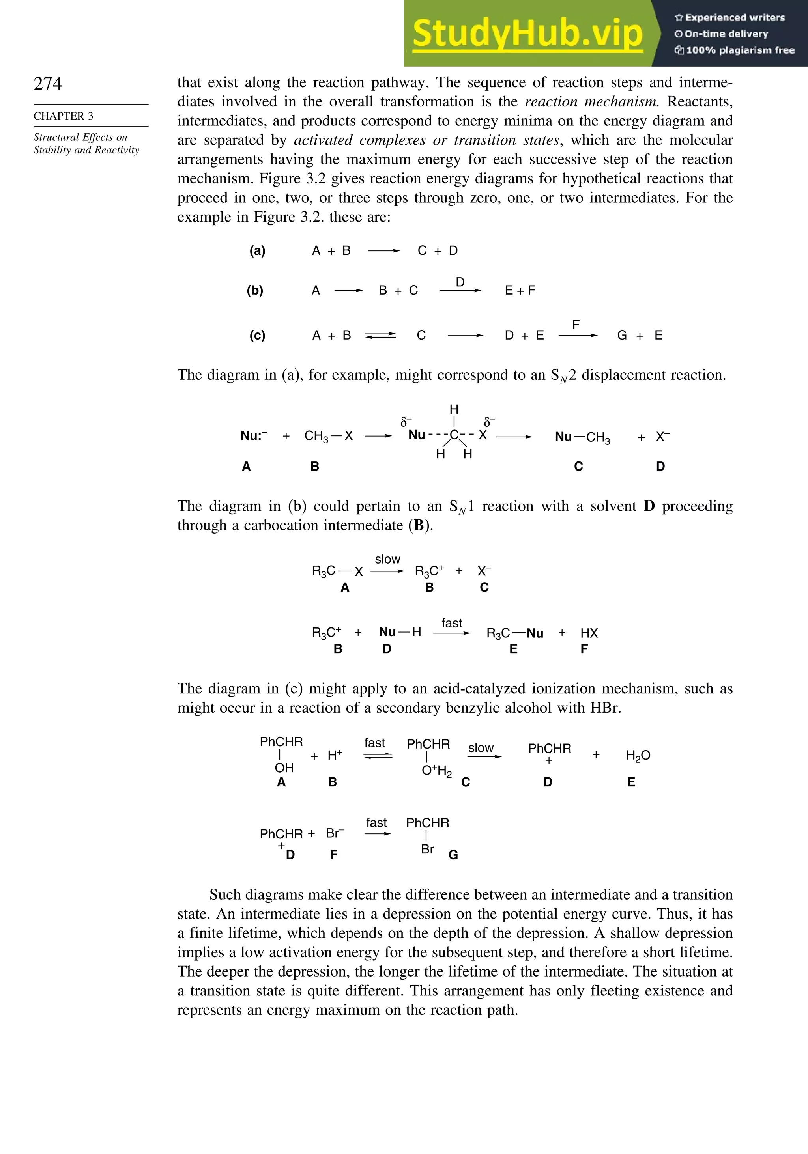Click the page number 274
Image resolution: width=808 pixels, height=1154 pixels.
point(48,84)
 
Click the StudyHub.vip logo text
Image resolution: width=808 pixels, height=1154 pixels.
point(527,33)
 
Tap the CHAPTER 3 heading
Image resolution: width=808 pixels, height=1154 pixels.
point(64,116)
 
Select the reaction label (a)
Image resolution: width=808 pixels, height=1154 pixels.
point(258,251)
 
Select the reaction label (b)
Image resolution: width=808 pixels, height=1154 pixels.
point(255,291)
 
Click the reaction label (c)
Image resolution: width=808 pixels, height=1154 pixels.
point(258,336)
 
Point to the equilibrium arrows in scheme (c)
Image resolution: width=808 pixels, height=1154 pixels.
point(380,336)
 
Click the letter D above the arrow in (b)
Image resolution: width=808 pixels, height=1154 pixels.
point(460,282)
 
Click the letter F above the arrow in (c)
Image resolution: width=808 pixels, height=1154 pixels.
point(576,325)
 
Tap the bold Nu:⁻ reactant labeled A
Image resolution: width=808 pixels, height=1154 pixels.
point(253,436)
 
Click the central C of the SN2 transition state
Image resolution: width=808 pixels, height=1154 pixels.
point(454,435)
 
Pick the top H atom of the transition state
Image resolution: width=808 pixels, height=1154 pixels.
point(454,409)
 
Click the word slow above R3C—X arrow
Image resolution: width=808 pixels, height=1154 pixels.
point(388,559)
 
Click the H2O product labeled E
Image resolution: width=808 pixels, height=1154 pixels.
point(638,755)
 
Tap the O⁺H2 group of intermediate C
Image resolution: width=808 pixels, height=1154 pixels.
point(436,771)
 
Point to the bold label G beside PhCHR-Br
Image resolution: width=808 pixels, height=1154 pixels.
point(453,855)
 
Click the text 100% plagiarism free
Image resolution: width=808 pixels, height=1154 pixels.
point(735,50)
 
